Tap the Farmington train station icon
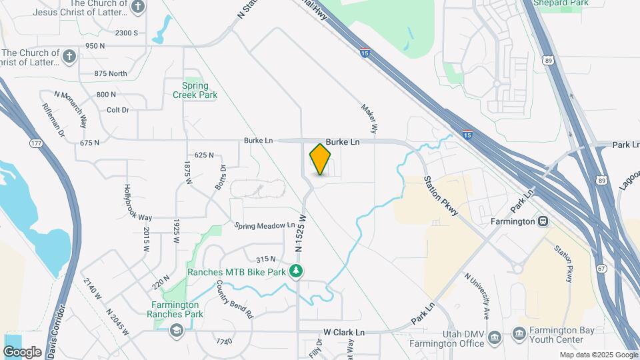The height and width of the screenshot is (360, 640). [544, 221]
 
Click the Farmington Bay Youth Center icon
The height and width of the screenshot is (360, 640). [519, 333]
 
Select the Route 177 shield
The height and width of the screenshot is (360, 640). [36, 143]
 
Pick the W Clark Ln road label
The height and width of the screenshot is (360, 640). [345, 332]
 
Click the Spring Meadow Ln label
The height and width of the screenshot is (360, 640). [265, 226]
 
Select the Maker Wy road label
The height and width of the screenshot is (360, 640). [370, 117]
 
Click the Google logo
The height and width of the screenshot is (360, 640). [22, 351]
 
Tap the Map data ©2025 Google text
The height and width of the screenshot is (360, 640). [598, 355]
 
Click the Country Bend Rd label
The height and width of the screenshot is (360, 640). [235, 299]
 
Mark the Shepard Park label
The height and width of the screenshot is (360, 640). [561, 3]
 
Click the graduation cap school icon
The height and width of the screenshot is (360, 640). [176, 330]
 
